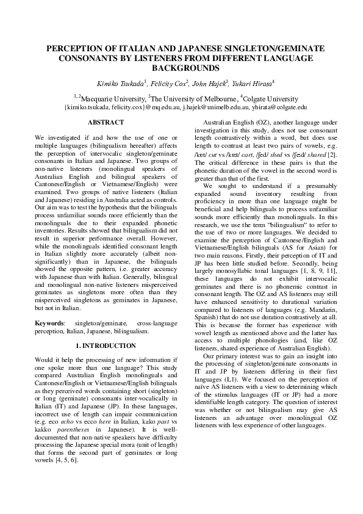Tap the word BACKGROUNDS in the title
[181, 68]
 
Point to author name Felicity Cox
[170, 82]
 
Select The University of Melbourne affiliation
[195, 98]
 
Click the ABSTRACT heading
[106, 123]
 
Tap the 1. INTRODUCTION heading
[106, 346]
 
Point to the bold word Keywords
[49, 322]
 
